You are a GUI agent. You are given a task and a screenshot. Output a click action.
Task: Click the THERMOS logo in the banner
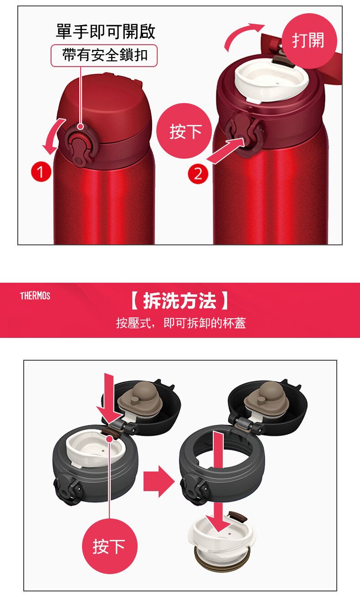pos(35,296)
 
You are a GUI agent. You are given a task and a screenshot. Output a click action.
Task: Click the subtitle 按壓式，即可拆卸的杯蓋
pos(180,323)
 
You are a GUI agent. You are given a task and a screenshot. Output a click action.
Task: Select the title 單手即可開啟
pos(105,31)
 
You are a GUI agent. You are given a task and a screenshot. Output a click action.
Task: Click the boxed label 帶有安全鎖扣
pos(104,56)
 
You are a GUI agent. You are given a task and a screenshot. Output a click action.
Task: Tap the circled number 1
pos(40,173)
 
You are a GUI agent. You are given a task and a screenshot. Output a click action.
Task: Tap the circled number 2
pos(197,174)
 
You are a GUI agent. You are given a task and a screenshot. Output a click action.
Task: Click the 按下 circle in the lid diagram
pos(109,546)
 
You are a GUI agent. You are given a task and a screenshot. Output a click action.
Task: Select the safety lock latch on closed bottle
pos(81,149)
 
